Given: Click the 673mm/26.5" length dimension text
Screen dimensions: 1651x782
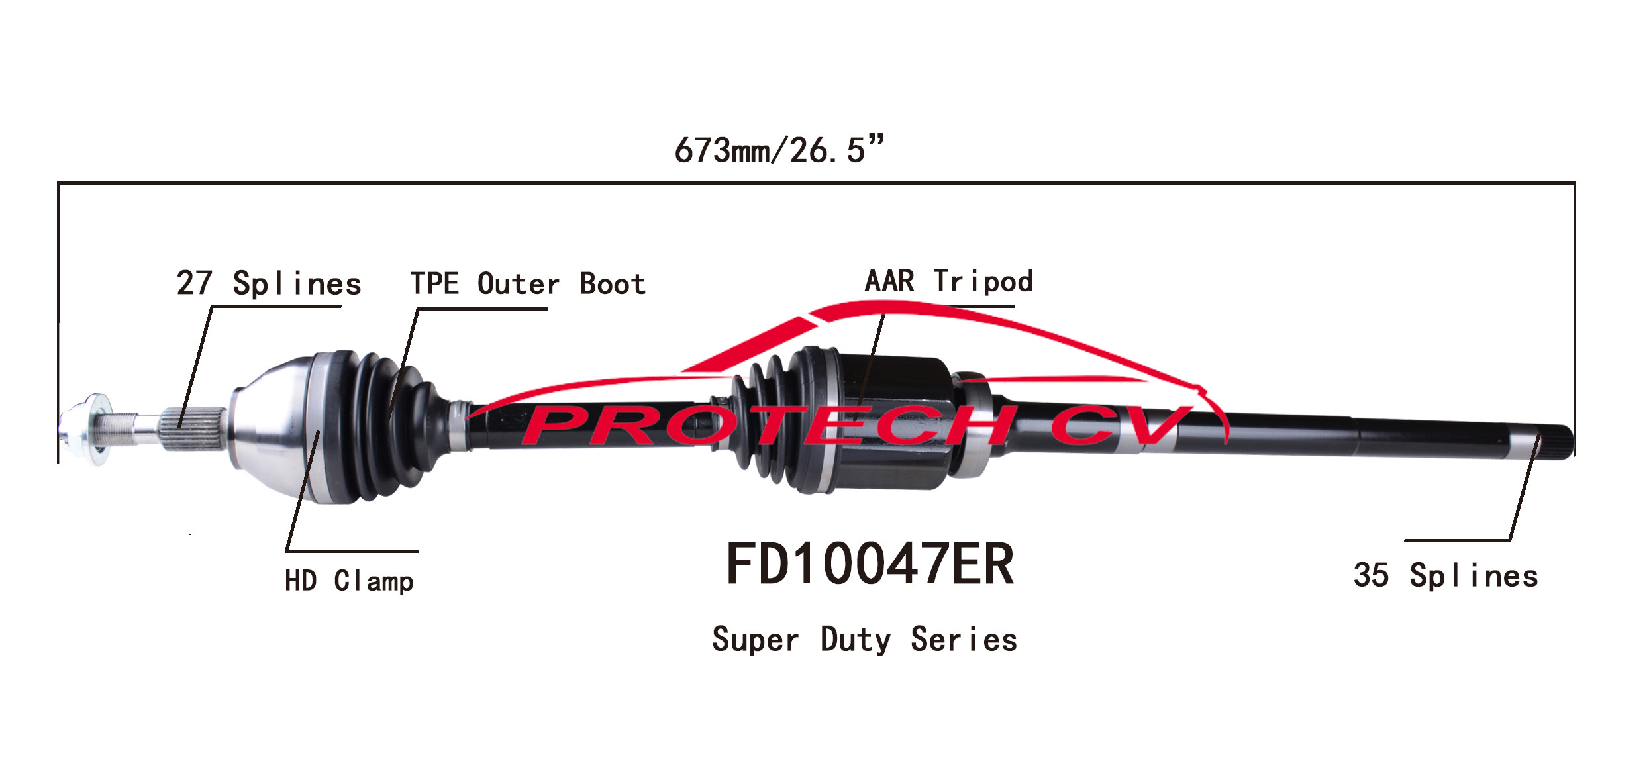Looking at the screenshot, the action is point(779,150).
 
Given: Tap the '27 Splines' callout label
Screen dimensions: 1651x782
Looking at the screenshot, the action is point(269,283).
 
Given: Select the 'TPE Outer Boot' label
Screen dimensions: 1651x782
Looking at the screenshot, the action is point(528,283).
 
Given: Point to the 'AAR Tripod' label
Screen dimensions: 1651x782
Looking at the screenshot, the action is point(948,281).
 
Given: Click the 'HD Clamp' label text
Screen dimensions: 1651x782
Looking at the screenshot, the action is point(349,581).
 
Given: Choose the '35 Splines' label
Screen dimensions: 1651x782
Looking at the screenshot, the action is point(1446,575).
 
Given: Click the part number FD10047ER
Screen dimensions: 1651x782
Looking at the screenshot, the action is point(870,564).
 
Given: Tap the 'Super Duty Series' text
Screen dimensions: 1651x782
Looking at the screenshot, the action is point(864,640).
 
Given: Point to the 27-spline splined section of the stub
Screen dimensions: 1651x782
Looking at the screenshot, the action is point(192,428).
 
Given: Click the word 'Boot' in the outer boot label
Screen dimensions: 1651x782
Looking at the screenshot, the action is point(613,283).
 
